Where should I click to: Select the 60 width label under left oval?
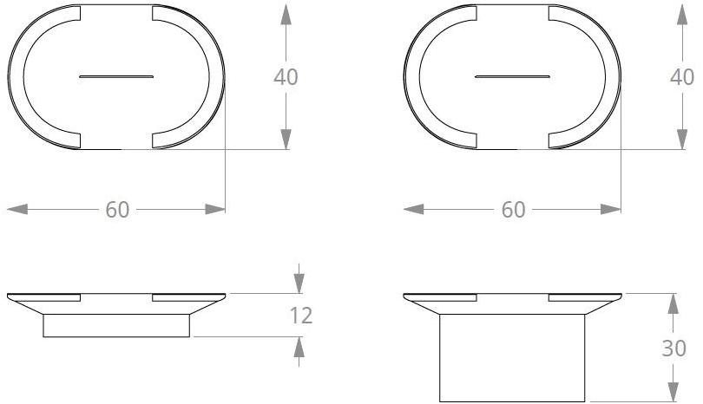pyautogui.click(x=118, y=210)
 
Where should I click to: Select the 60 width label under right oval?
pyautogui.click(x=514, y=210)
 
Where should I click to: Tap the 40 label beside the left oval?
pyautogui.click(x=286, y=76)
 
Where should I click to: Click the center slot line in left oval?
pyautogui.click(x=116, y=77)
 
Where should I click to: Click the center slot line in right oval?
pyautogui.click(x=512, y=77)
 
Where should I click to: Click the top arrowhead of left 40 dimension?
pyautogui.click(x=286, y=16)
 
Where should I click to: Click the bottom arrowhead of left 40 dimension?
pyautogui.click(x=286, y=138)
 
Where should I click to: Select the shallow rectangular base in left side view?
pyautogui.click(x=116, y=325)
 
